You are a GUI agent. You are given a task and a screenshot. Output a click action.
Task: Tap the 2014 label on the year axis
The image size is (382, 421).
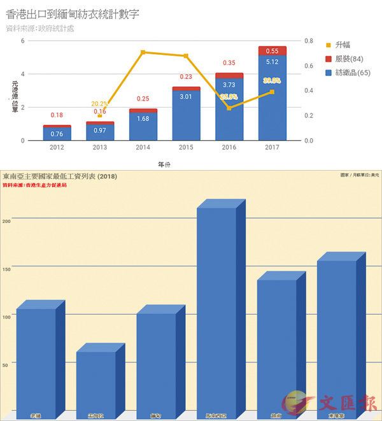click(143, 148)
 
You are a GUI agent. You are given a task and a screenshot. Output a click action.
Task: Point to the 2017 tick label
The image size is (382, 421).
click(272, 148)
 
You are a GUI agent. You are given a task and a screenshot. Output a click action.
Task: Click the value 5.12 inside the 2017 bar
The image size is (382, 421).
click(272, 62)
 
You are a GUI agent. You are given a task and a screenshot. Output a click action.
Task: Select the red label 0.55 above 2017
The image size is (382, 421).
click(272, 51)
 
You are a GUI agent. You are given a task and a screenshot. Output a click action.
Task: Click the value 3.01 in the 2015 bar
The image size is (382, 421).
click(186, 97)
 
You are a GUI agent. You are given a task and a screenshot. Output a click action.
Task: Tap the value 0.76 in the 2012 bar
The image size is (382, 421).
click(57, 134)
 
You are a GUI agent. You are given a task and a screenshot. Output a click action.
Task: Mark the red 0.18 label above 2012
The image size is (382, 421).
click(57, 115)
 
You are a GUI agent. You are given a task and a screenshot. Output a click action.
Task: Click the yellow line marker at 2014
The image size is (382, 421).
click(143, 52)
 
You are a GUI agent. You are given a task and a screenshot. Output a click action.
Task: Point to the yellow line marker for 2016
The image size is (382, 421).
click(229, 108)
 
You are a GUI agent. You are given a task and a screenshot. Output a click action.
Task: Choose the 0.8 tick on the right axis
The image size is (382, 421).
click(308, 41)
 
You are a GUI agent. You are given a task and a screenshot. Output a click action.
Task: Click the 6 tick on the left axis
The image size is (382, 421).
click(23, 41)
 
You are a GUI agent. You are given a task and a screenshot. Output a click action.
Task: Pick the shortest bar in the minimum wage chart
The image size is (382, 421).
click(96, 382)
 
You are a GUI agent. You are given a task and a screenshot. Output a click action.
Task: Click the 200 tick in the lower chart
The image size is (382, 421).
click(6, 220)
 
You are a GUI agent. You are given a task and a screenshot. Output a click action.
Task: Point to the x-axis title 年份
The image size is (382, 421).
click(164, 164)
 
